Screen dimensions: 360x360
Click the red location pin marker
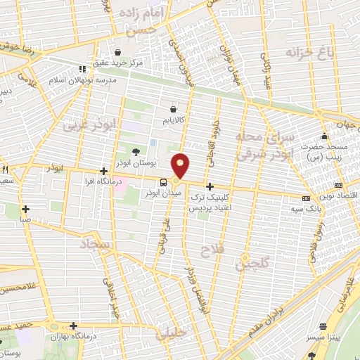181,165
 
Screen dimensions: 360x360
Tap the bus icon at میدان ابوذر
164,183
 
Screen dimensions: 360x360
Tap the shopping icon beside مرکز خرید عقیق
117,52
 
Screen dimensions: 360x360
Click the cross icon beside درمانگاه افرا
104,171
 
